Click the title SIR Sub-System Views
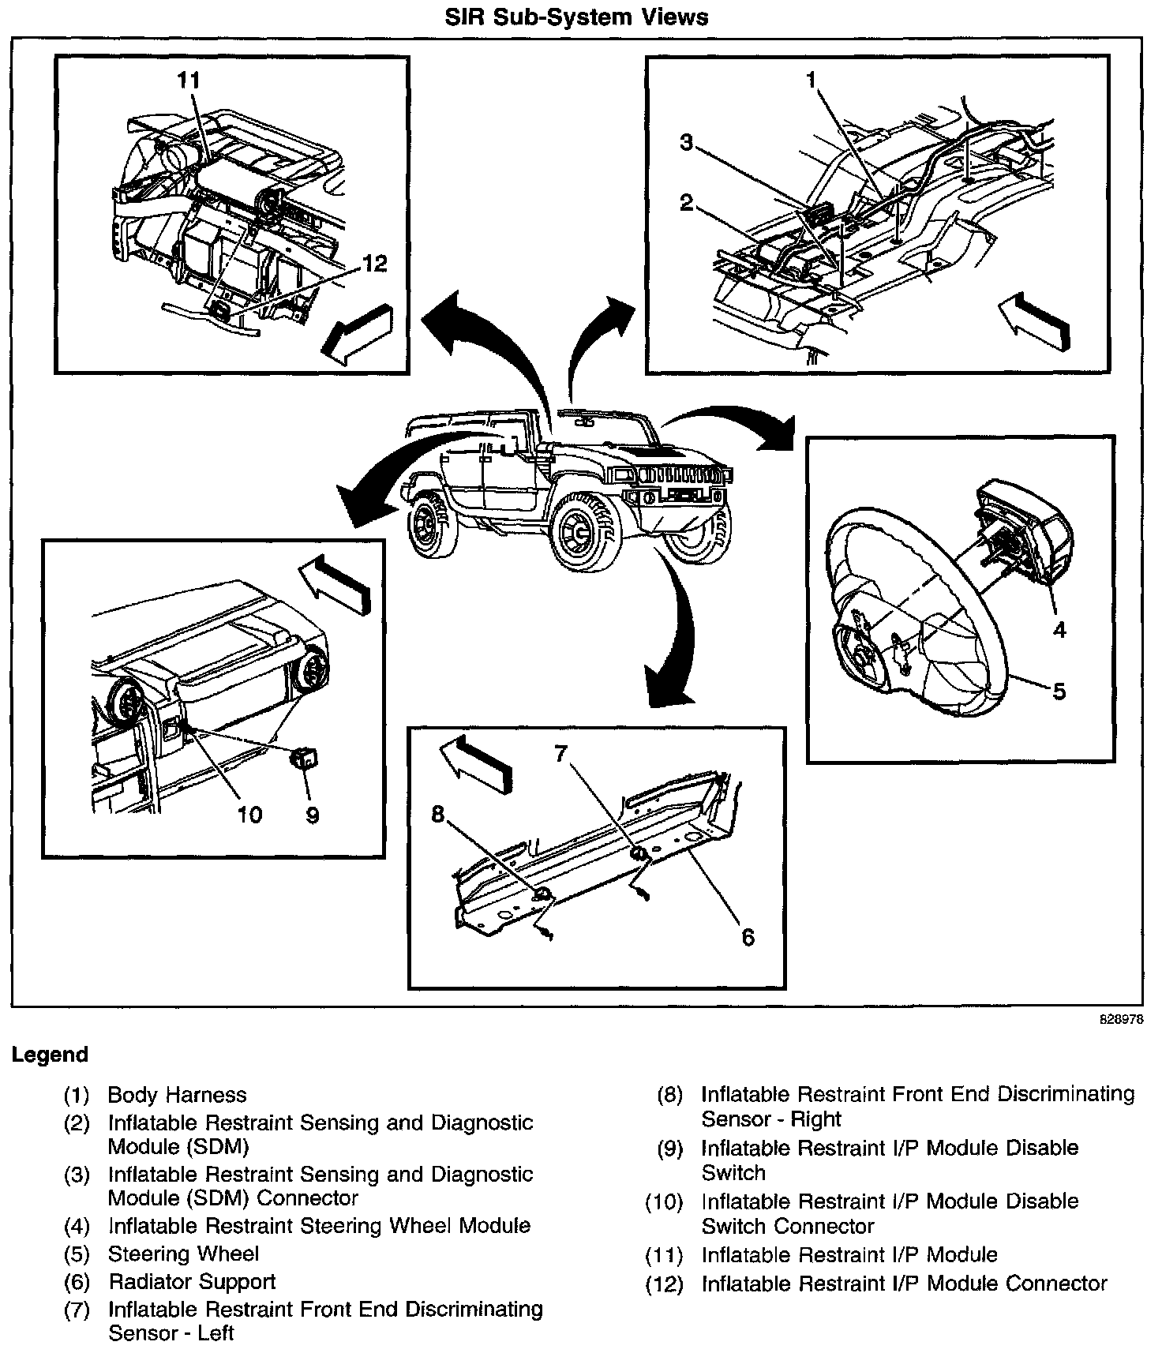click(576, 17)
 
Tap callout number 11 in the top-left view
click(189, 81)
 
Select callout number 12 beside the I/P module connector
click(374, 263)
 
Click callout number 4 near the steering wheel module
click(1059, 629)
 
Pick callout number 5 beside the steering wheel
click(1059, 691)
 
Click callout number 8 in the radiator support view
click(438, 814)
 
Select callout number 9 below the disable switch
click(313, 815)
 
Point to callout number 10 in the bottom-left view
click(249, 815)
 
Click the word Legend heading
click(50, 1055)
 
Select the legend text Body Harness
click(177, 1095)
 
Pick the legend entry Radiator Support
click(192, 1282)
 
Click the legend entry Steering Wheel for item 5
click(183, 1254)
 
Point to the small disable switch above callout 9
click(305, 759)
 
